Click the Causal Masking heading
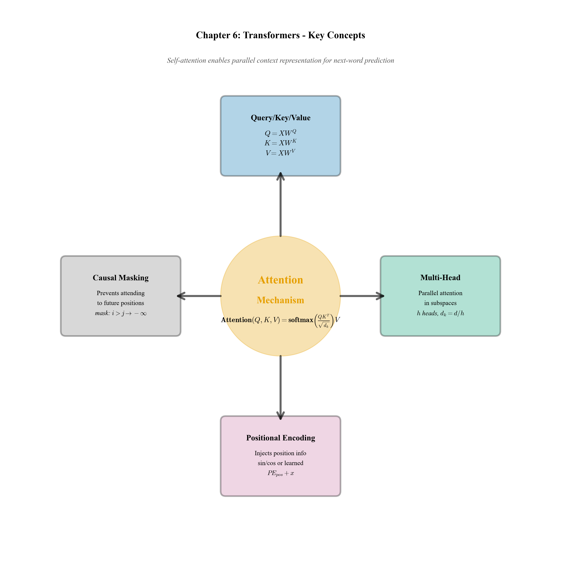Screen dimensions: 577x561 click(120, 278)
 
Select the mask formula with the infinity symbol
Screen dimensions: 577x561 click(120, 313)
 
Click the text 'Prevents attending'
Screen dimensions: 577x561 click(120, 293)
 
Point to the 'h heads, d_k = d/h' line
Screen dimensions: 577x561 click(440, 313)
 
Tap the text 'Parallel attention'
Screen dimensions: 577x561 click(440, 293)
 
